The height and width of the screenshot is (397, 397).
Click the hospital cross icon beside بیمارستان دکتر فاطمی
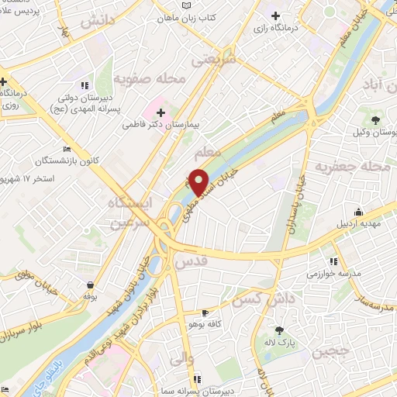(161, 113)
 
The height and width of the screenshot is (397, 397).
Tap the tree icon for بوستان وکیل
(376, 119)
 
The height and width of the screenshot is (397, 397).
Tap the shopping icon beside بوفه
(92, 285)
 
